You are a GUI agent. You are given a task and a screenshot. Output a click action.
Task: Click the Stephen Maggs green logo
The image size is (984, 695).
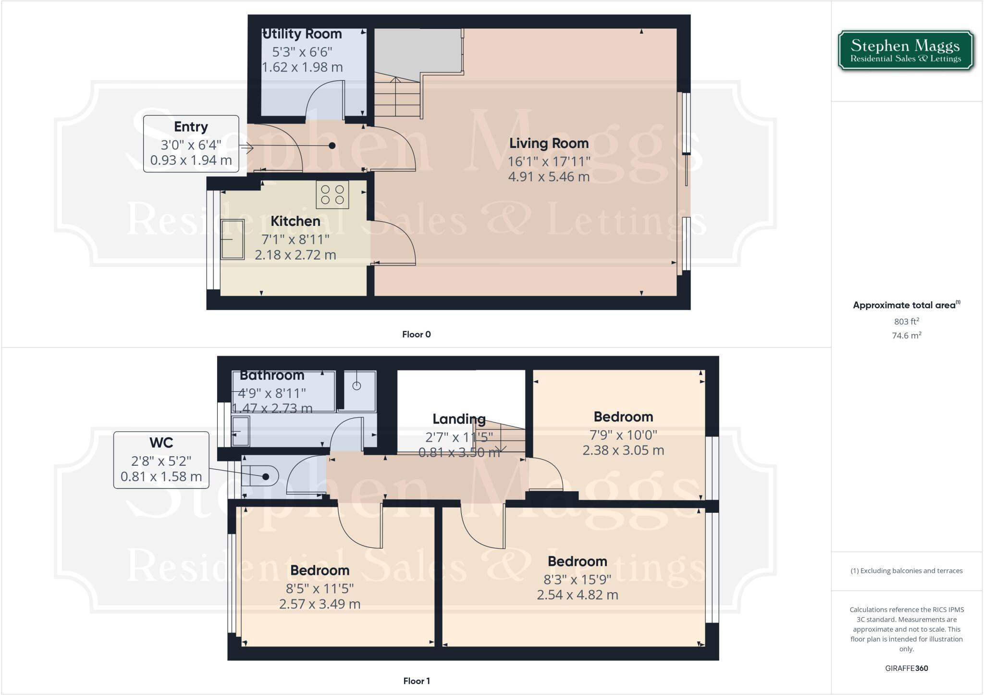[905, 51]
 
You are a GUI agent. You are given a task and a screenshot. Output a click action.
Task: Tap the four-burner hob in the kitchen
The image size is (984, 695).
[332, 195]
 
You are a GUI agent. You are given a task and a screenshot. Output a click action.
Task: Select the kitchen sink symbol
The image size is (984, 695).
[233, 239]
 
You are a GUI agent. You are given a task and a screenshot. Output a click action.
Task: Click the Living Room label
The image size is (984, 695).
[549, 143]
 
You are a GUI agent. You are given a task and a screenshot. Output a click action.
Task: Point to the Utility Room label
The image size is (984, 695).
[303, 34]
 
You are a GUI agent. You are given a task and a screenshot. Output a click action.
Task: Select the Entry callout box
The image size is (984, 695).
[191, 144]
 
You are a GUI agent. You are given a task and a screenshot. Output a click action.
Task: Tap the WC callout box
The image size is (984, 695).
[161, 460]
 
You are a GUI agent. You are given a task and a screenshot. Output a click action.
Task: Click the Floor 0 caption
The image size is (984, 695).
[416, 335]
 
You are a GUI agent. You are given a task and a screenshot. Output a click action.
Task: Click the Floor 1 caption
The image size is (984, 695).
[416, 681]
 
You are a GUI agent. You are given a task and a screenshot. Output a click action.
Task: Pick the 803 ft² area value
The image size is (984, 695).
[907, 322]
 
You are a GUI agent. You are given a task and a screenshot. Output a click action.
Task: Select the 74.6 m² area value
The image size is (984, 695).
[907, 335]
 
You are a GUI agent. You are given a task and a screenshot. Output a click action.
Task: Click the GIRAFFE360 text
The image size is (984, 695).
[906, 668]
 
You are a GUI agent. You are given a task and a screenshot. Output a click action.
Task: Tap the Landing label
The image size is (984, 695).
[459, 419]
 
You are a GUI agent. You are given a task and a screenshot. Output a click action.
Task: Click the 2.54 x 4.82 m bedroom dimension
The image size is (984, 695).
[577, 595]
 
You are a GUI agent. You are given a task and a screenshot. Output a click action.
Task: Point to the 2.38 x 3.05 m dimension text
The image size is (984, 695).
[623, 450]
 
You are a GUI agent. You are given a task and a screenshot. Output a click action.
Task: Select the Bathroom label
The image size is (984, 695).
[272, 375]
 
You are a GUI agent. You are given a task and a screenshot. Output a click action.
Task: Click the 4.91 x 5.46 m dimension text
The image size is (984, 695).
[549, 177]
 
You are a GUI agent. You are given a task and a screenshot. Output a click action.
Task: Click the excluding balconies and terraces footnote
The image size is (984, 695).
[906, 571]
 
